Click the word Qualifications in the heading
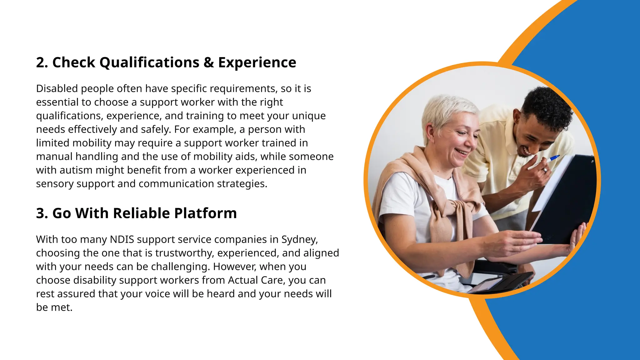(149, 62)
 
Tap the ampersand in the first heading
(208, 62)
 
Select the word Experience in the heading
(257, 62)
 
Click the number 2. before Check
(42, 62)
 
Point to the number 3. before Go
(42, 213)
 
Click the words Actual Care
(255, 280)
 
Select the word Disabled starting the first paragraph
(57, 89)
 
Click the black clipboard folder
(566, 200)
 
